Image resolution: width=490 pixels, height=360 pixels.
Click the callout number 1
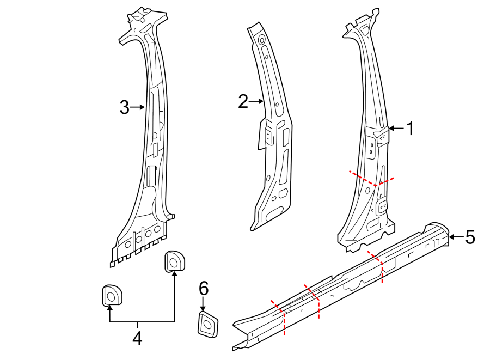point(411,129)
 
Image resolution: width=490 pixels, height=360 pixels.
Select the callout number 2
point(243,101)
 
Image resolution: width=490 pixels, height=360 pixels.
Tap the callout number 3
point(124,107)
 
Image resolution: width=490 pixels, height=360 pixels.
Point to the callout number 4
point(137,338)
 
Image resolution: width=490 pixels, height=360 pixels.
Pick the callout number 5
point(470,237)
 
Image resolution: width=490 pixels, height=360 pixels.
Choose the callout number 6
point(203,288)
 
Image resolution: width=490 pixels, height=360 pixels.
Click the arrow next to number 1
point(396,129)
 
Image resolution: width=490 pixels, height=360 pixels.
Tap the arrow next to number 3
point(138,107)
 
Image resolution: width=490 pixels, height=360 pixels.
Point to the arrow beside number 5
point(455,237)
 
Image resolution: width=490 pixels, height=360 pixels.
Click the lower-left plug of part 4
point(111,296)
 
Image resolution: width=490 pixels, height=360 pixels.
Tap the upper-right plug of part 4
point(174,261)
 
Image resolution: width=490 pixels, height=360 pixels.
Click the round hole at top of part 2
point(261,39)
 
